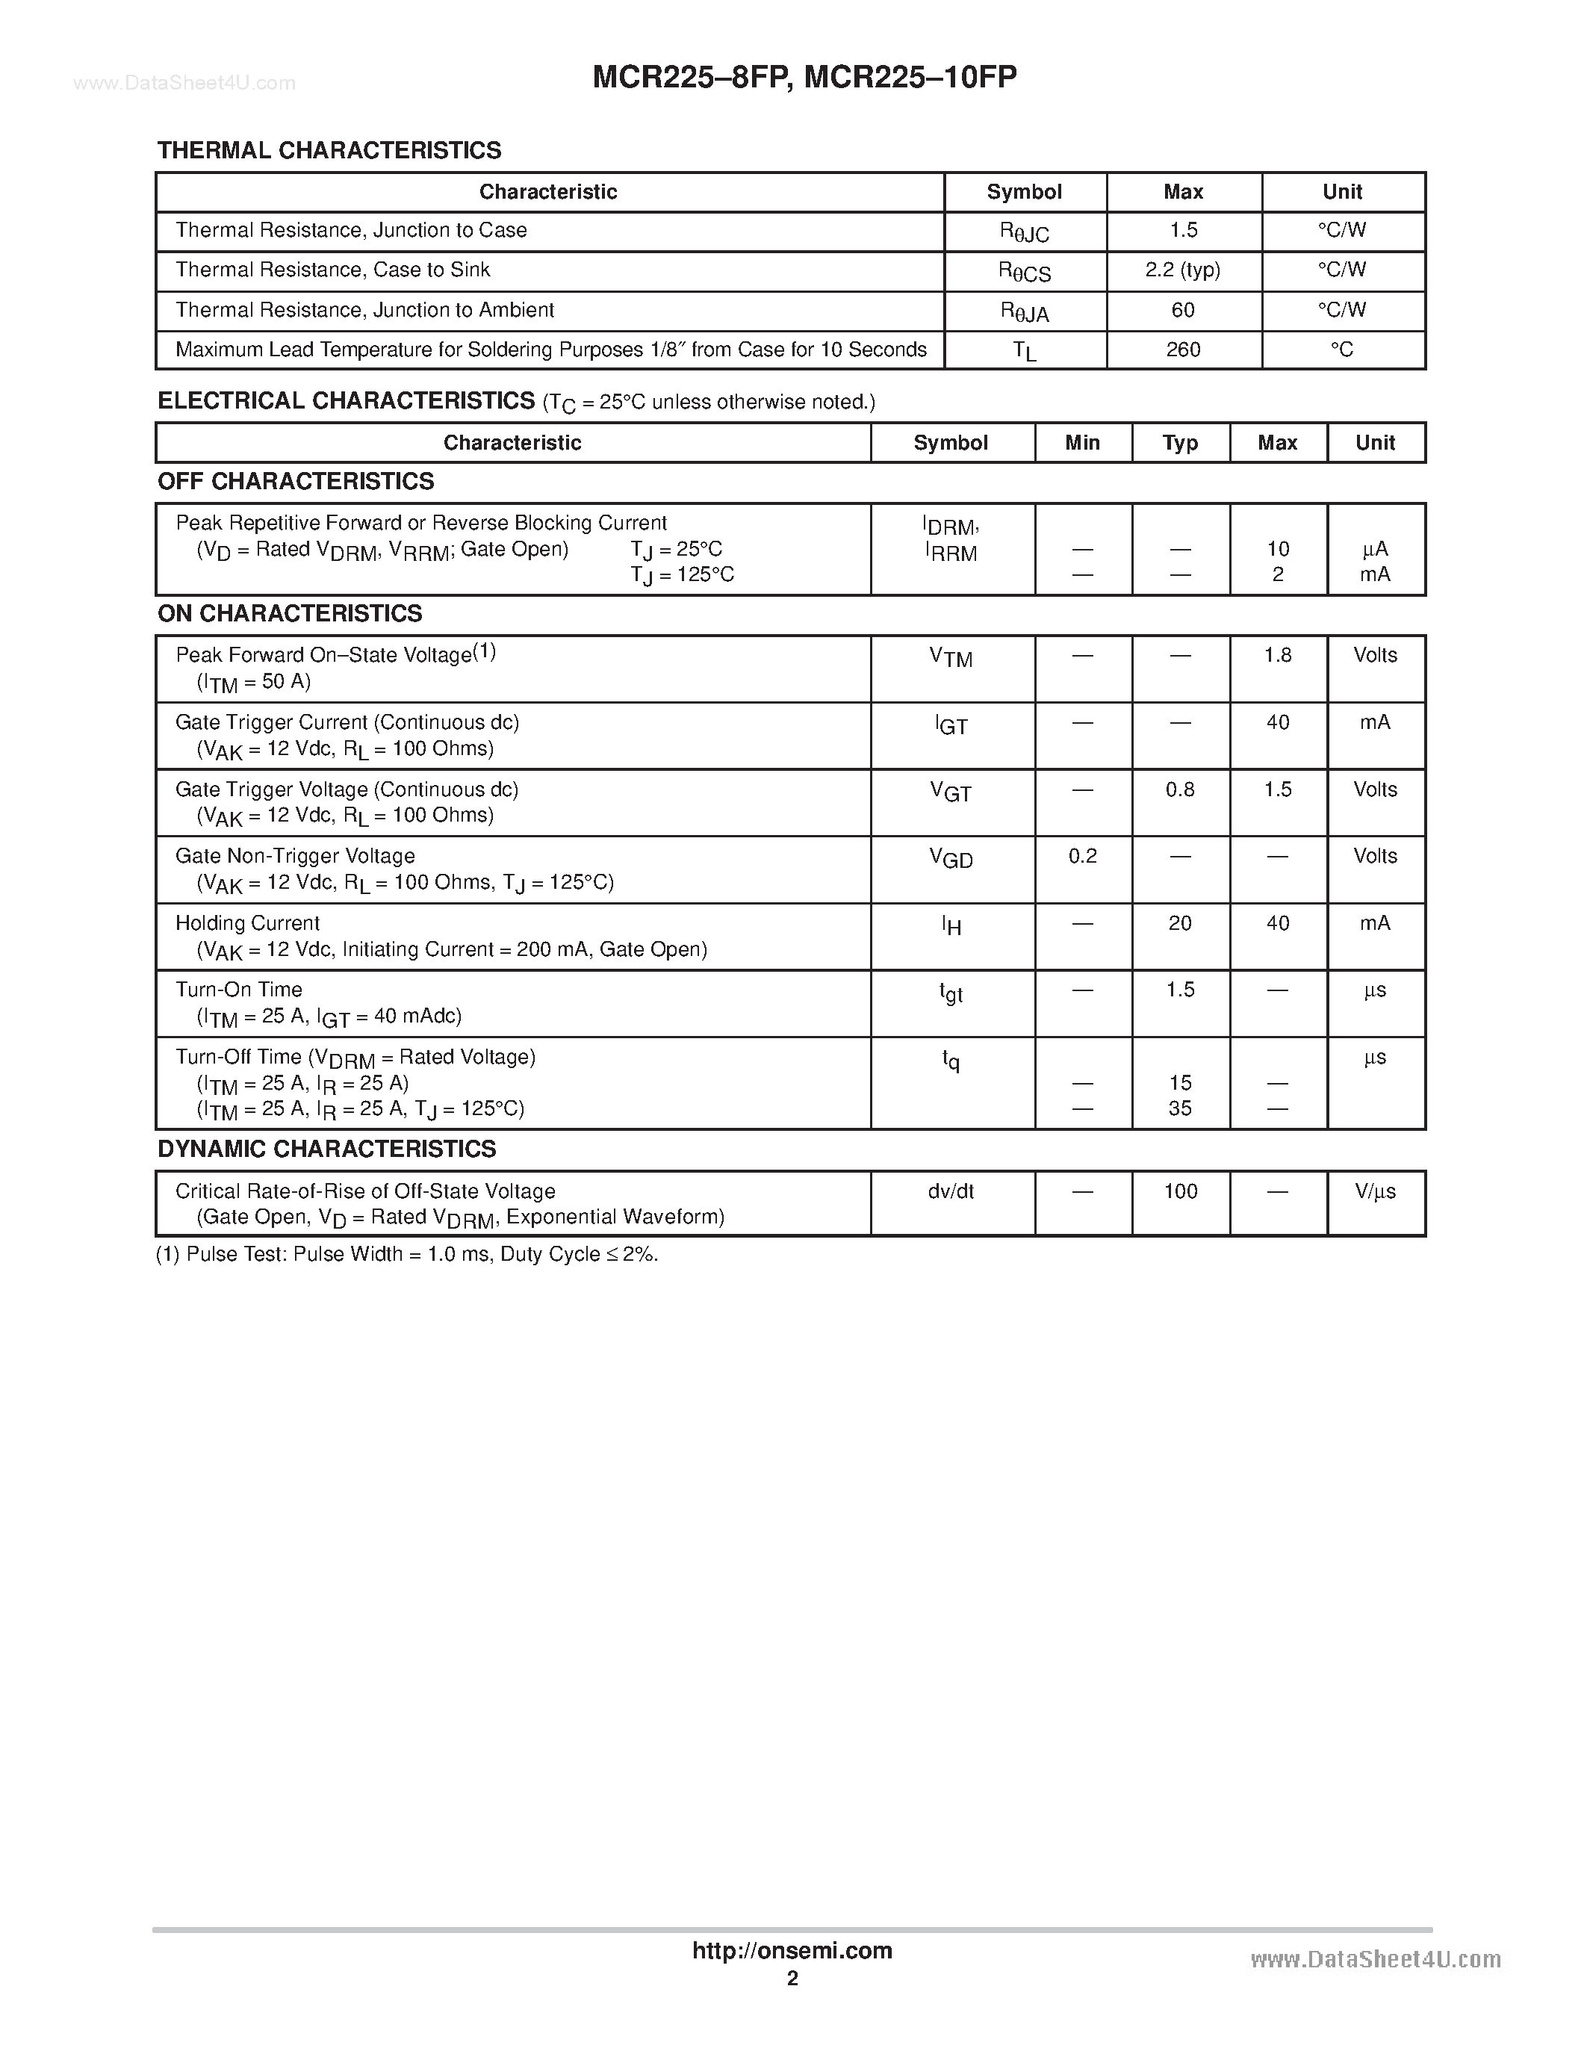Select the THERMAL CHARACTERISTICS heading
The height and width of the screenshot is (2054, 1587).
pyautogui.click(x=329, y=150)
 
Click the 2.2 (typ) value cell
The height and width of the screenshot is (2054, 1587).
pyautogui.click(x=1183, y=271)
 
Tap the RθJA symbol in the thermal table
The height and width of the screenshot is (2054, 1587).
pyautogui.click(x=1024, y=312)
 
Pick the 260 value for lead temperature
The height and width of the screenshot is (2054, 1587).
pyautogui.click(x=1183, y=350)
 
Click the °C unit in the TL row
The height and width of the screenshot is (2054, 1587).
pyautogui.click(x=1341, y=350)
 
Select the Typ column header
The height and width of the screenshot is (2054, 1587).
pyautogui.click(x=1180, y=443)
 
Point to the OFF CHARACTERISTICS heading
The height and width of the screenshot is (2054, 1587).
pyautogui.click(x=295, y=482)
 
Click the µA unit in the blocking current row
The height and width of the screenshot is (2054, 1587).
pyautogui.click(x=1374, y=549)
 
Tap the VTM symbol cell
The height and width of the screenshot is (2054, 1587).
pyautogui.click(x=951, y=657)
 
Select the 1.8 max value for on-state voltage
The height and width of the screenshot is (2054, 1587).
pyautogui.click(x=1277, y=656)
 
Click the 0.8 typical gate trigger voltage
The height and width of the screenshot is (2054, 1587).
pyautogui.click(x=1180, y=790)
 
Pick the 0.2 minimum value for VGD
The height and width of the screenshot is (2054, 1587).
pyautogui.click(x=1082, y=857)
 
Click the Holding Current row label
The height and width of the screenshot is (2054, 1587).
pyautogui.click(x=247, y=923)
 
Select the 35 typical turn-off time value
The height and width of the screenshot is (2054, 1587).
pyautogui.click(x=1180, y=1109)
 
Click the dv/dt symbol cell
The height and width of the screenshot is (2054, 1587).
pyautogui.click(x=951, y=1191)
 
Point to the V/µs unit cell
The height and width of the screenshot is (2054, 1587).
pyautogui.click(x=1374, y=1191)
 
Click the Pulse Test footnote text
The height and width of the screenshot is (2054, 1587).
pyautogui.click(x=406, y=1255)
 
